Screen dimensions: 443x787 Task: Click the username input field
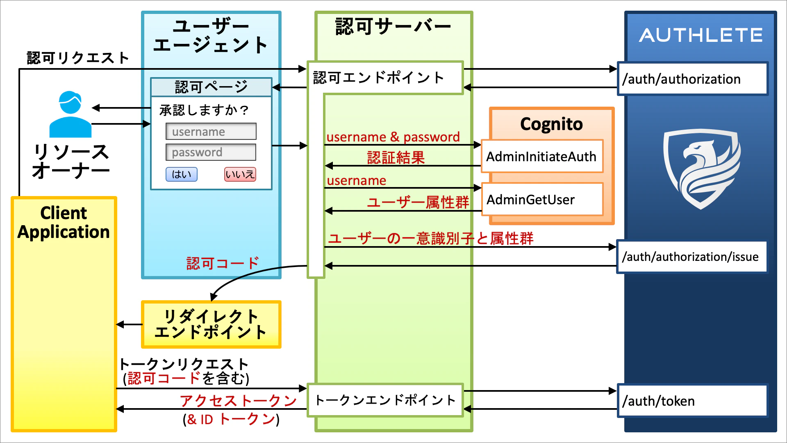coord(211,132)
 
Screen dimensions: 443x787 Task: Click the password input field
coord(211,152)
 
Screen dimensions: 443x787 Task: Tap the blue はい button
coord(181,174)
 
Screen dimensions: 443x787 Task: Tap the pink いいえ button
coord(240,174)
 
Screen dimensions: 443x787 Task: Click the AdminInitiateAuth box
coord(541,156)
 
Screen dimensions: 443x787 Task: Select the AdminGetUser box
coord(541,200)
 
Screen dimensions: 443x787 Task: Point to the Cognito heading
coord(551,124)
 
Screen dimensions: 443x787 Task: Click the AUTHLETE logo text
coord(701,35)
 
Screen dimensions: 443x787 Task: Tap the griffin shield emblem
coord(701,168)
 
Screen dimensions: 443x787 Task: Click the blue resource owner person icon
coord(70,114)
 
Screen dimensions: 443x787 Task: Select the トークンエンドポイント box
coord(385,400)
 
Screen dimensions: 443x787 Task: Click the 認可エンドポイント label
coord(379,78)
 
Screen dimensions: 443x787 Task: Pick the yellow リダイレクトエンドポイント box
coord(211,324)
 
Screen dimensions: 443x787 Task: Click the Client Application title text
coord(64,222)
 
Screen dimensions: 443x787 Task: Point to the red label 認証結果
coord(396,158)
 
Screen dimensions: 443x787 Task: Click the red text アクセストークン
coord(238,400)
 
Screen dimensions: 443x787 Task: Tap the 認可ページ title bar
coord(211,87)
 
